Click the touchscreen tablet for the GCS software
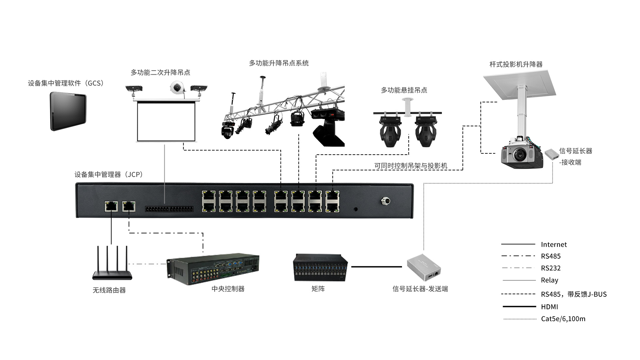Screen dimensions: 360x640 pos(68,111)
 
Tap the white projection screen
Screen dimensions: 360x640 pos(166,121)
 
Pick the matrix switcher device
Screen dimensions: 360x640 pos(320,268)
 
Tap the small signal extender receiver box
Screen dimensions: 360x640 pos(552,154)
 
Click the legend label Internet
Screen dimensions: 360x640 pos(554,245)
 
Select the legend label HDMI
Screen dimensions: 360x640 pos(549,307)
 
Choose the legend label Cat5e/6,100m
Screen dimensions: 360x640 pos(563,319)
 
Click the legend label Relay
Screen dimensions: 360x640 pos(549,280)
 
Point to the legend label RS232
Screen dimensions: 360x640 pos(551,268)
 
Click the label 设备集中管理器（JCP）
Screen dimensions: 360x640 pos(109,174)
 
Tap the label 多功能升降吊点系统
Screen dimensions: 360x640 pos(279,63)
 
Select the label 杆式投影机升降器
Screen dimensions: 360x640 pos(516,64)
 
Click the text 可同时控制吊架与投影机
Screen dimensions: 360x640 pos(410,166)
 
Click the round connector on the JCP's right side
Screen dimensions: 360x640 pos(385,201)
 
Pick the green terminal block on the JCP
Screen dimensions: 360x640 pos(169,209)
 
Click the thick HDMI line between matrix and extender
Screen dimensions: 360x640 pos(377,267)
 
